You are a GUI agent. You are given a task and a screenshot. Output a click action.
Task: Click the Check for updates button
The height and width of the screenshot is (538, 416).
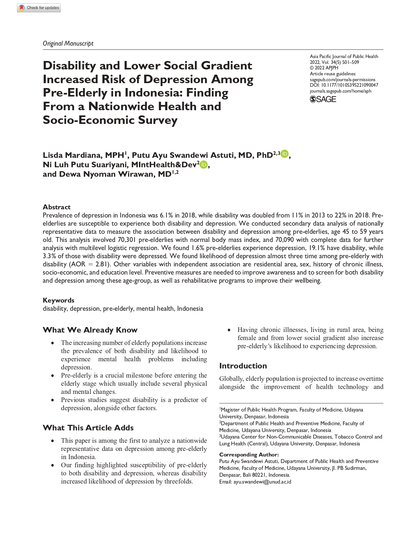click(39, 8)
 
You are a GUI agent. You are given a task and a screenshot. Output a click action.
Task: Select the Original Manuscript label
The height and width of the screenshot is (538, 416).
click(68, 43)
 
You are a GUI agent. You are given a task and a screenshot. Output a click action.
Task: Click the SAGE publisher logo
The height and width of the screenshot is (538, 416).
click(323, 99)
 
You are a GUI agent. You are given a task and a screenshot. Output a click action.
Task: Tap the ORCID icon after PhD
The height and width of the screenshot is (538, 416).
click(285, 154)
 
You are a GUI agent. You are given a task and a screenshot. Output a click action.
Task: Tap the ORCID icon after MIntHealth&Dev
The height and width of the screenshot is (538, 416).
click(204, 165)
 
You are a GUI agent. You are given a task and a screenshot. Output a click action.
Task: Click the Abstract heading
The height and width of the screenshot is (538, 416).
click(56, 207)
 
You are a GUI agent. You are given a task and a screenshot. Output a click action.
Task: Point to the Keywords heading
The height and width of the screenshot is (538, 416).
click(58, 300)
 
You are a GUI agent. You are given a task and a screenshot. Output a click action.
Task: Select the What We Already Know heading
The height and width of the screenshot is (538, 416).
click(90, 330)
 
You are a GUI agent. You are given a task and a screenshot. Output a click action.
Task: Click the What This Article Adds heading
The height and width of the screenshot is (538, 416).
click(88, 428)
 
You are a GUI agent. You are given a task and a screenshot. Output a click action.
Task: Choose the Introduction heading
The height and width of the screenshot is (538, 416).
click(243, 366)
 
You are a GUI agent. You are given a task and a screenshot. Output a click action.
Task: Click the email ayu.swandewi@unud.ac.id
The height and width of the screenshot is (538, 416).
click(262, 482)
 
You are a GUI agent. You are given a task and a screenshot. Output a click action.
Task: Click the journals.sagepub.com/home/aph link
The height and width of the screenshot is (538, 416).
click(340, 91)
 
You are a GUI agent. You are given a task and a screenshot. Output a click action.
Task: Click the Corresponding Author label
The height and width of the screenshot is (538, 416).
click(249, 455)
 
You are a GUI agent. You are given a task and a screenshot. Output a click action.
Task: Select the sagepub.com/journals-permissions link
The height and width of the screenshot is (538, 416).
click(342, 80)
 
